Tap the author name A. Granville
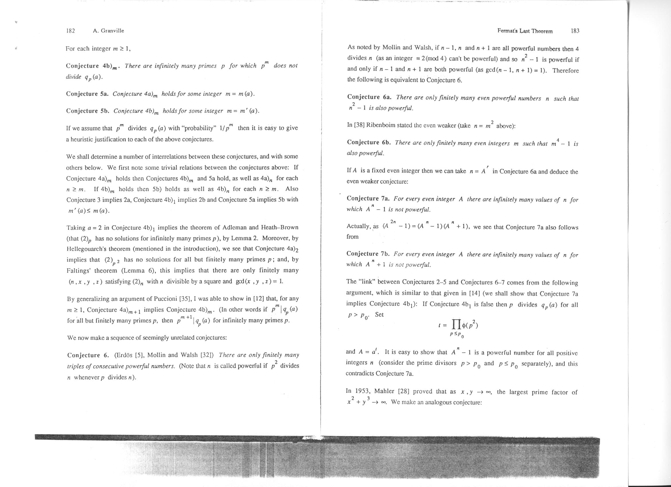[x=108, y=30]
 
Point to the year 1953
[x=361, y=391]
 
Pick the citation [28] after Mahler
[x=404, y=391]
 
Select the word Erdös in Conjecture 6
[x=124, y=355]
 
